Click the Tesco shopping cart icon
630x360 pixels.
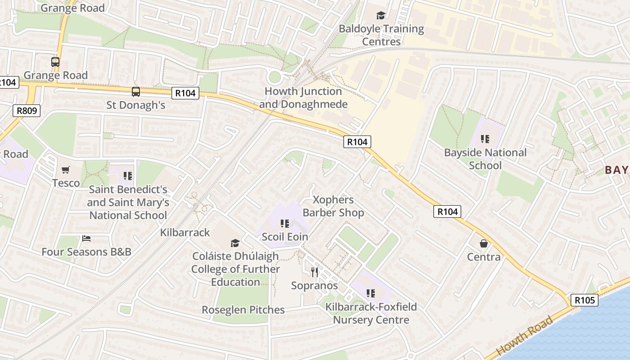(x=66, y=170)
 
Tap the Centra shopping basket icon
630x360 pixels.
(x=484, y=243)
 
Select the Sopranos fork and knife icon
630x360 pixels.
(x=315, y=272)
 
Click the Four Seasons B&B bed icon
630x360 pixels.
(x=86, y=238)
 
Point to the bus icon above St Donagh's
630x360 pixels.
(x=136, y=92)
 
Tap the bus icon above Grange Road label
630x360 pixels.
(x=55, y=62)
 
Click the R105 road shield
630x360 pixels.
(x=585, y=300)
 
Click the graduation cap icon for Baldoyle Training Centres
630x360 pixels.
(x=381, y=16)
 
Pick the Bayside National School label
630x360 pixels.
(x=485, y=159)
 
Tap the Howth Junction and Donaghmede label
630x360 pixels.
(x=303, y=98)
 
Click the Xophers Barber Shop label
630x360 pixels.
(x=333, y=206)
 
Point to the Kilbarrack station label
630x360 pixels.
(x=185, y=232)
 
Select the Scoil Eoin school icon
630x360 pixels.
(x=284, y=223)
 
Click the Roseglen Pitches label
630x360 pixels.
(x=243, y=310)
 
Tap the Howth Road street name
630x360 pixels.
(x=525, y=336)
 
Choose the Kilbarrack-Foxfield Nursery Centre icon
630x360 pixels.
(x=371, y=293)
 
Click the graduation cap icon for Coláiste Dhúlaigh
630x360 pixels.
(x=235, y=243)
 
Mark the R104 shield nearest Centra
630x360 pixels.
(x=447, y=211)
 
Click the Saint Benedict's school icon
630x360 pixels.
(x=128, y=175)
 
